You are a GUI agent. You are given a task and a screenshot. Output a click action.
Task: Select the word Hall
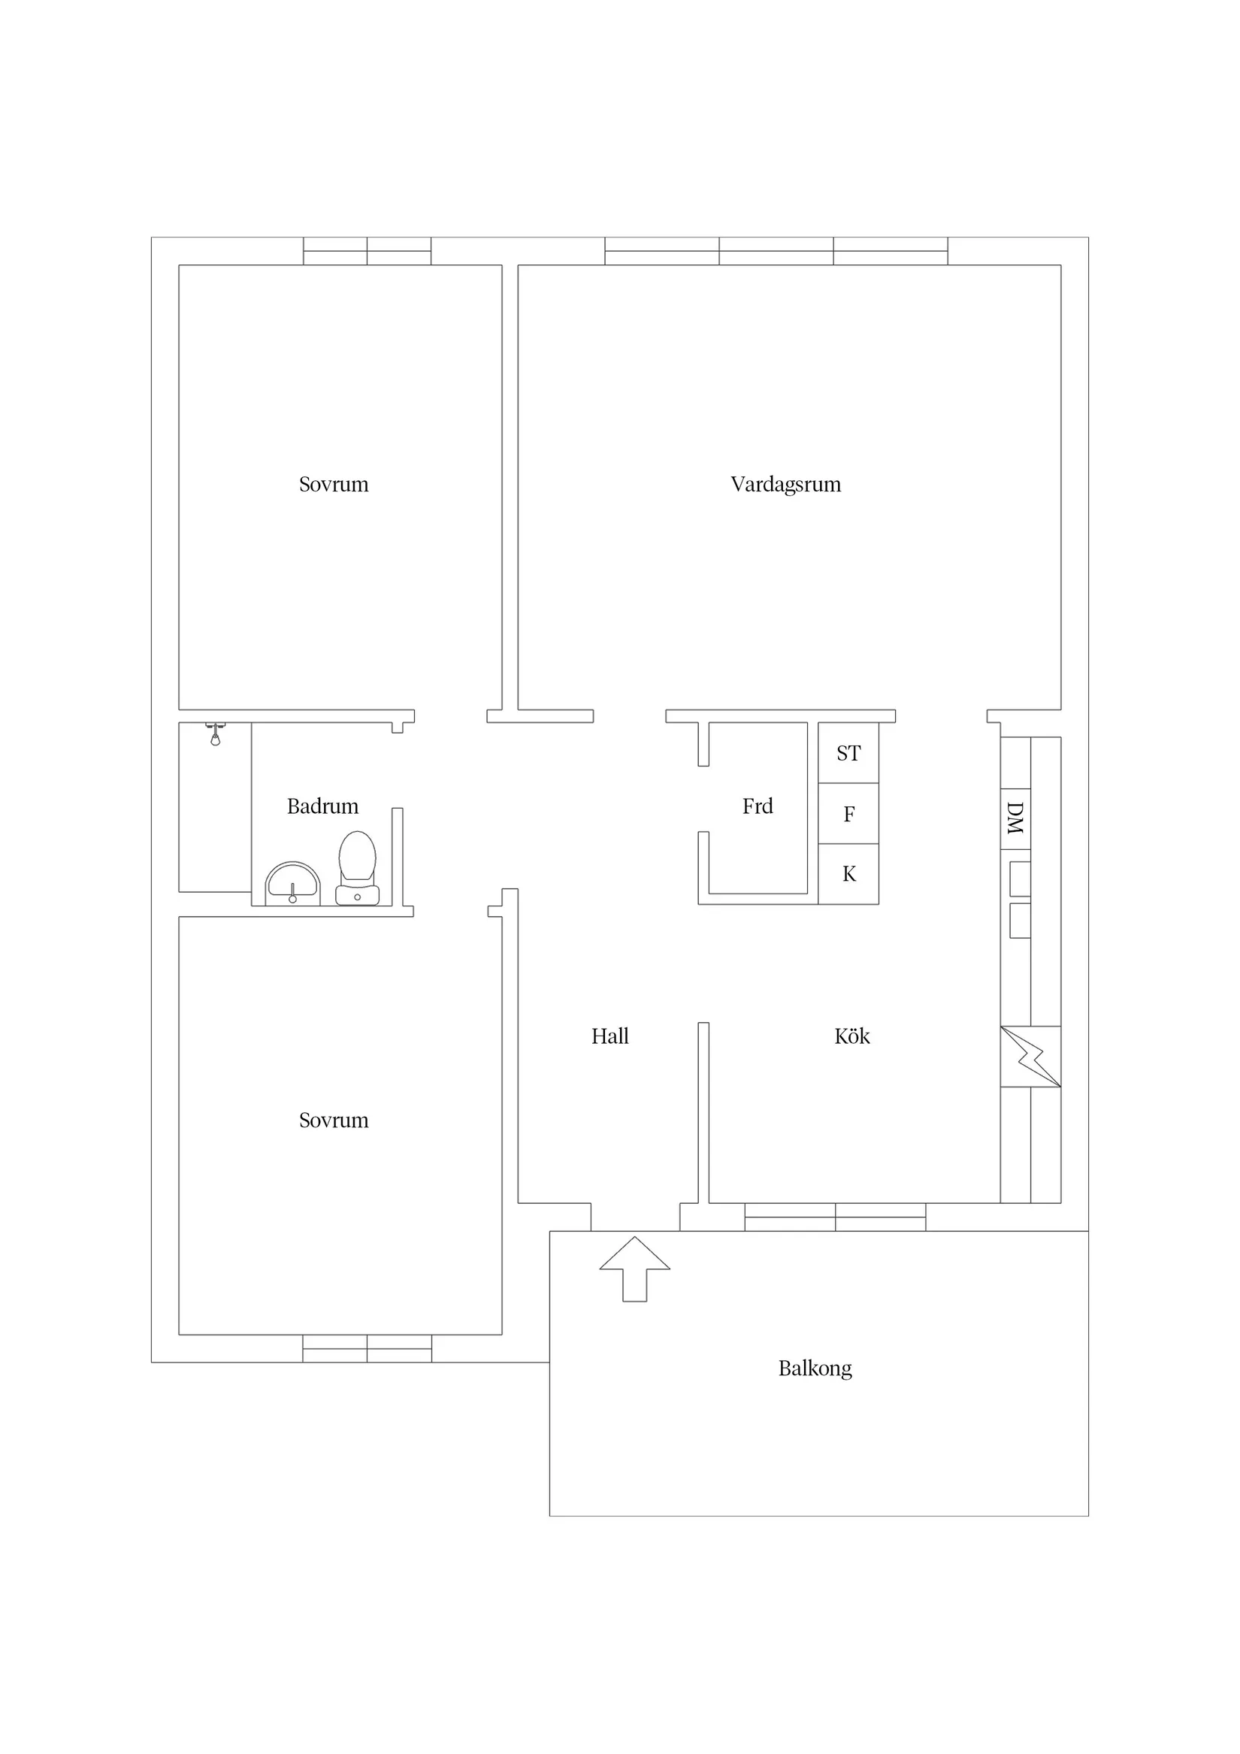point(609,1036)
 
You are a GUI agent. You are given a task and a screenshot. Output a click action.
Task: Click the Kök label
point(852,1036)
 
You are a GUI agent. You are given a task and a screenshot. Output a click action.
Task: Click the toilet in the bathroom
point(358,868)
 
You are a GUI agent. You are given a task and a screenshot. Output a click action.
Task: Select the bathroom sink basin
point(292,885)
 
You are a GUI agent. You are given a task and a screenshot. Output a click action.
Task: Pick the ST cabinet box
point(848,753)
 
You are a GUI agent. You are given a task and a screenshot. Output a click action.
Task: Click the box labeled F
point(848,814)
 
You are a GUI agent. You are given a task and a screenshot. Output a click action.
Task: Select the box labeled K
point(848,874)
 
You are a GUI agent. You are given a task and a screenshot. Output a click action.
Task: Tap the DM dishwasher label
point(1015,818)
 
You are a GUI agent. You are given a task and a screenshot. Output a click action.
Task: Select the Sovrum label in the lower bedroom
point(333,1120)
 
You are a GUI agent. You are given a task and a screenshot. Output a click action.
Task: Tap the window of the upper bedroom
point(367,251)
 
